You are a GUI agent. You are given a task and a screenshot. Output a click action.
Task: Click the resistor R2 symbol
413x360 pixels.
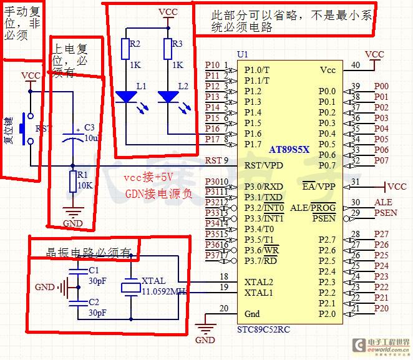coord(125,48)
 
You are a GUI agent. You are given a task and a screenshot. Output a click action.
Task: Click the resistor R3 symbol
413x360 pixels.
coord(168,48)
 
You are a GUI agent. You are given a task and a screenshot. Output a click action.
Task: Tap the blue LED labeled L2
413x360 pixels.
coord(168,97)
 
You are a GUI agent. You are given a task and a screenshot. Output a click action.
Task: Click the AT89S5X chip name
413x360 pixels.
coord(289,150)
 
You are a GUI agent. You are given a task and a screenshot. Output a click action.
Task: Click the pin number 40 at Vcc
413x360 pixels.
coord(356,64)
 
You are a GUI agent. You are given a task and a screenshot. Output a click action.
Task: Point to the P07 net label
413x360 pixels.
coord(381,160)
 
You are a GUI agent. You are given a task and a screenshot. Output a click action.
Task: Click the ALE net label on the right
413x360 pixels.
coord(382,202)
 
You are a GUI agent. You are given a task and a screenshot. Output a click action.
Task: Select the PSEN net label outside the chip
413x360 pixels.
coord(384,213)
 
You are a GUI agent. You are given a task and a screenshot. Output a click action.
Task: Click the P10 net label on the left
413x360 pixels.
coord(212,65)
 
